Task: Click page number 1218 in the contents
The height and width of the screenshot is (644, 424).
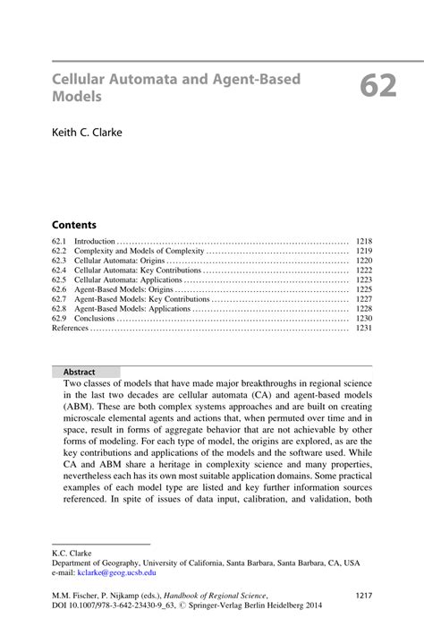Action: (x=363, y=242)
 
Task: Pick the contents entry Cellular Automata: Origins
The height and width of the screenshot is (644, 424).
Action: (x=125, y=261)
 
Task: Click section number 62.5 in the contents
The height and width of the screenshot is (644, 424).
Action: (x=59, y=280)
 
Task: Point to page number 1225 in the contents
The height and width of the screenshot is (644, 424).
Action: (x=363, y=290)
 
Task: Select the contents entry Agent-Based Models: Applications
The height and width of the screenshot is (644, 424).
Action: (x=132, y=309)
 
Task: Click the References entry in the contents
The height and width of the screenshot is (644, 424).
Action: (x=71, y=329)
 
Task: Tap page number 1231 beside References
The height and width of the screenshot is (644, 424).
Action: (x=363, y=329)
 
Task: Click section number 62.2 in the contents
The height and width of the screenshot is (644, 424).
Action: (x=59, y=252)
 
